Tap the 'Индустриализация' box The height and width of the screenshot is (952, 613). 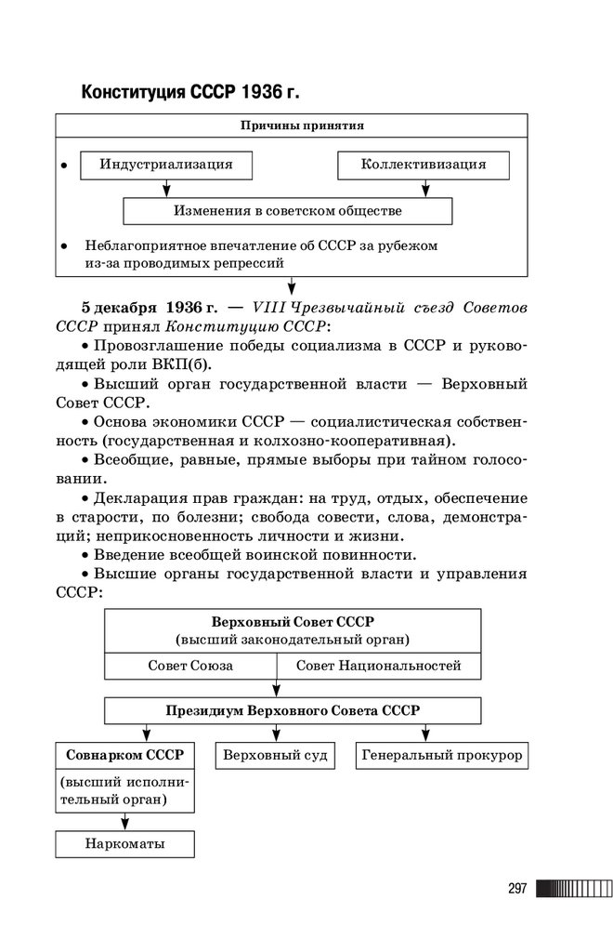tap(167, 165)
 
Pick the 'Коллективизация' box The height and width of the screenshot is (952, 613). tap(424, 165)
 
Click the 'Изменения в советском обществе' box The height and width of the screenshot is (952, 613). tap(288, 211)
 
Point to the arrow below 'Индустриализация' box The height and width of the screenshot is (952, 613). tap(167, 188)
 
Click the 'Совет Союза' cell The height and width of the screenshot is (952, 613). tap(190, 667)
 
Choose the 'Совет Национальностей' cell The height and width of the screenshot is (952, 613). tap(378, 667)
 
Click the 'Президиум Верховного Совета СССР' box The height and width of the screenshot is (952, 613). tap(292, 710)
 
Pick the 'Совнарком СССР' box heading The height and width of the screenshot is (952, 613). tap(125, 754)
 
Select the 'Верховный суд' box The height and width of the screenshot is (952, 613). tap(276, 755)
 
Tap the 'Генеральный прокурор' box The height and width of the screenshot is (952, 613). tap(442, 755)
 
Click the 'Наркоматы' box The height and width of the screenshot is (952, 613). tap(124, 843)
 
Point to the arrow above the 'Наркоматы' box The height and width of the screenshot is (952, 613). tap(124, 821)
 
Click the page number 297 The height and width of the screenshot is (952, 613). tap(517, 889)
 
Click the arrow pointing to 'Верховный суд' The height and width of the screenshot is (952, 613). tap(276, 733)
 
